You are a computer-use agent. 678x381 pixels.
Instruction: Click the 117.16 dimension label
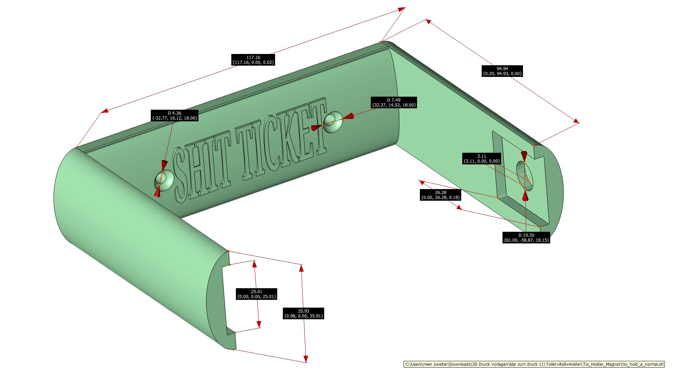pyautogui.click(x=253, y=60)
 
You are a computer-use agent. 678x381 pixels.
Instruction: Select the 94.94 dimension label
pyautogui.click(x=502, y=71)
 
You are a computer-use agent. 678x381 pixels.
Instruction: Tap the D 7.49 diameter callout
pyautogui.click(x=394, y=102)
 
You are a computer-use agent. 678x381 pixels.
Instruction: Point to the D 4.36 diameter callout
pyautogui.click(x=174, y=115)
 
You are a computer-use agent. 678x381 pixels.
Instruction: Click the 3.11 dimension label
pyautogui.click(x=481, y=158)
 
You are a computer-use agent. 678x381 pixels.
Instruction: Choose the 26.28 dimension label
pyautogui.click(x=440, y=195)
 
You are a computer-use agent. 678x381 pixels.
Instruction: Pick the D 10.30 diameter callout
pyautogui.click(x=526, y=237)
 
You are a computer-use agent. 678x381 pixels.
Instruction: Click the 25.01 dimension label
pyautogui.click(x=256, y=294)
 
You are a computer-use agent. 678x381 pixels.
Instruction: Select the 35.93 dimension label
pyautogui.click(x=303, y=313)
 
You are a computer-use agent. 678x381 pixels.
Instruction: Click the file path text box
pyautogui.click(x=534, y=364)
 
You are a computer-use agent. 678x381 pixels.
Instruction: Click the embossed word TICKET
pyautogui.click(x=282, y=138)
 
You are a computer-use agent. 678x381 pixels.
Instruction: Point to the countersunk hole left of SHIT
pyautogui.click(x=163, y=181)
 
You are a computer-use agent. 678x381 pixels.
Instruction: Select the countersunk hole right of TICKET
pyautogui.click(x=333, y=122)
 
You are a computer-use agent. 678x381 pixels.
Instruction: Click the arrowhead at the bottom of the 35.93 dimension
pyautogui.click(x=306, y=359)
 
